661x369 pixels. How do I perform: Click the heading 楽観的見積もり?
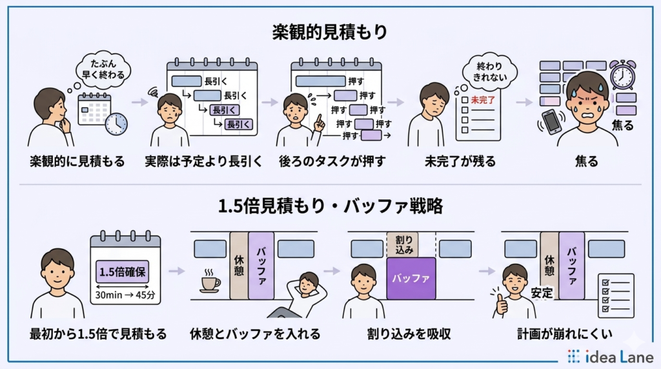pyautogui.click(x=330, y=31)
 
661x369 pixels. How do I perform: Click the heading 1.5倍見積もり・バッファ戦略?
pyautogui.click(x=330, y=208)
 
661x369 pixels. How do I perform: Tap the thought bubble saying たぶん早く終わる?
pyautogui.click(x=99, y=65)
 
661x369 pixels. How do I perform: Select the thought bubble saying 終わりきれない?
pyautogui.click(x=488, y=70)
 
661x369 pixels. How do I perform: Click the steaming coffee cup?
pyautogui.click(x=209, y=281)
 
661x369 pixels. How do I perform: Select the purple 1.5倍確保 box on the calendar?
pyautogui.click(x=123, y=271)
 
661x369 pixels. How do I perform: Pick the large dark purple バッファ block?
pyautogui.click(x=411, y=279)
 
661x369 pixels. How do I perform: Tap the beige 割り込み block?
pyautogui.click(x=402, y=244)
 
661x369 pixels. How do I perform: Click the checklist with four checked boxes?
pyautogui.click(x=616, y=294)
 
